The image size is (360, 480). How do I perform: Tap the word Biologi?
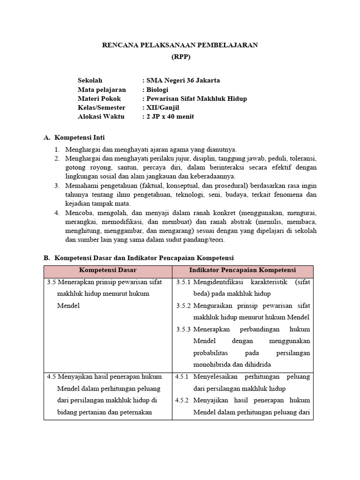pos(157,90)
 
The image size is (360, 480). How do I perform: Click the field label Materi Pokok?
pos(99,98)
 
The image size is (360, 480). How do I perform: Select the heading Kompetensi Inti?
pos(80,137)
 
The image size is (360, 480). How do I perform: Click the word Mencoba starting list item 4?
pos(78,212)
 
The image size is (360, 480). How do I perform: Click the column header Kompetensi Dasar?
pos(108,270)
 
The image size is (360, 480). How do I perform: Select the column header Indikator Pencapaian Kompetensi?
pos(242,270)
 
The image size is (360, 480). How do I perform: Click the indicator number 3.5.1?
pos(183,283)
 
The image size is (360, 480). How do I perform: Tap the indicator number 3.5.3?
pos(183,330)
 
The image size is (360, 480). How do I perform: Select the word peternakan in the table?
pos(139,412)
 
